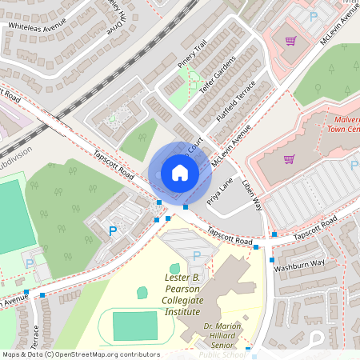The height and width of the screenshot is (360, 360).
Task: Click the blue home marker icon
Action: pyautogui.click(x=179, y=173)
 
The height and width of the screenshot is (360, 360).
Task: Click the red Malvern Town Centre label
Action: pyautogui.click(x=344, y=124)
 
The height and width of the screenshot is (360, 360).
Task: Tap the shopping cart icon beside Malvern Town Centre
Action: pyautogui.click(x=289, y=158)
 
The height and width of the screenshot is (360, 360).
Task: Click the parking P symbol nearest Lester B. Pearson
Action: pyautogui.click(x=197, y=255)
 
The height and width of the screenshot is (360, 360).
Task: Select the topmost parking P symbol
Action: pyautogui.click(x=313, y=16)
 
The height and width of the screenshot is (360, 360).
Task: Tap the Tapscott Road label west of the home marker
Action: pyautogui.click(x=113, y=164)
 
